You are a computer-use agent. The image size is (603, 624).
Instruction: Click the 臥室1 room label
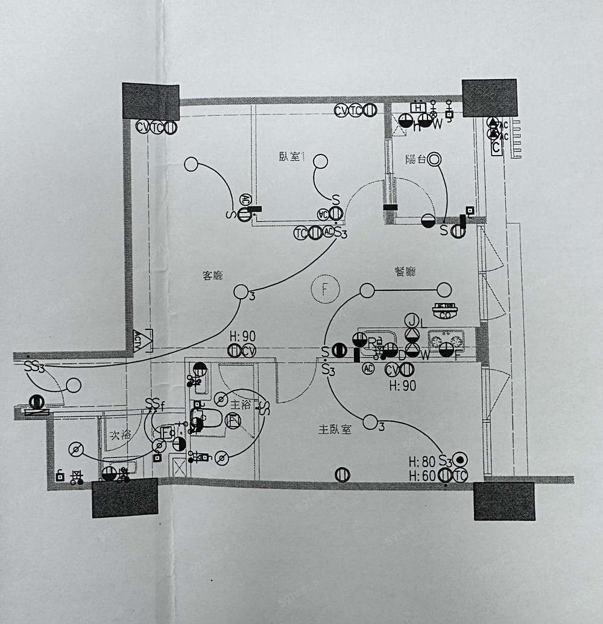292,156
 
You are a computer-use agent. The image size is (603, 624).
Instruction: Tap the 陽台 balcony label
415,159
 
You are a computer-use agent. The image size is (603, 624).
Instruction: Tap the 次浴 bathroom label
121,435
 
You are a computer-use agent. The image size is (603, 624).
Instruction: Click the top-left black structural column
151,101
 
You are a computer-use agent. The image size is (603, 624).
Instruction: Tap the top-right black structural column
490,97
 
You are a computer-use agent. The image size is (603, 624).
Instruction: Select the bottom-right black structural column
504,501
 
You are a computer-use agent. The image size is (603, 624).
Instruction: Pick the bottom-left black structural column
125,498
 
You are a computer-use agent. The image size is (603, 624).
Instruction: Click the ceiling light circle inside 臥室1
320,162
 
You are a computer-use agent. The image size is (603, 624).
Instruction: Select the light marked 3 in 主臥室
369,422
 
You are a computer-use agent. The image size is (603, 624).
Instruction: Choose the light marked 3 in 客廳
241,291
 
